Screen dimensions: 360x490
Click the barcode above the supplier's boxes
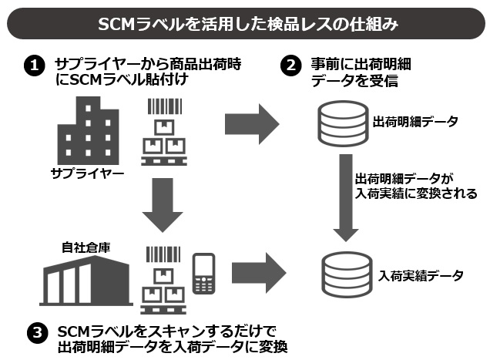click(x=160, y=107)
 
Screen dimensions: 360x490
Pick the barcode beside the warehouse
click(x=160, y=255)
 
